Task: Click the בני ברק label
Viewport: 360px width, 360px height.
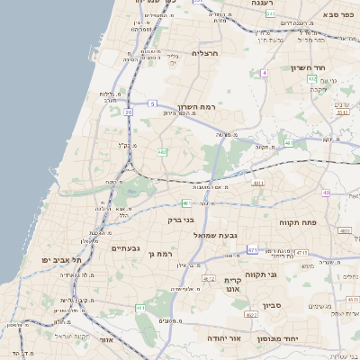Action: tap(182, 219)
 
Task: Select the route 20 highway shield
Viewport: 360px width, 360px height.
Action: tap(129, 112)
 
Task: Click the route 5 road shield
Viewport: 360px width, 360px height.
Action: tap(153, 103)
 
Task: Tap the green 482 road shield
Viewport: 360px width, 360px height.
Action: tap(162, 152)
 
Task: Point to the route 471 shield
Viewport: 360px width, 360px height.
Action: tap(252, 249)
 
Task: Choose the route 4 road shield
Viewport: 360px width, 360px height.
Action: tap(264, 72)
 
